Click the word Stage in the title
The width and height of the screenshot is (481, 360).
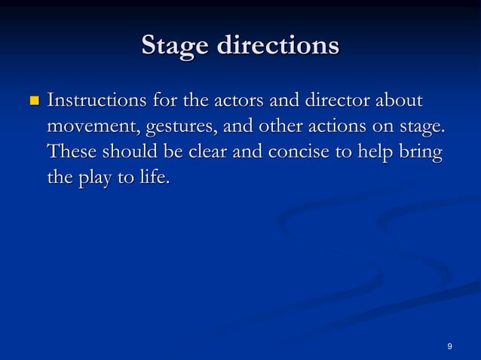(x=175, y=46)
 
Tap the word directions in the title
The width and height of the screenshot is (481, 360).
(x=277, y=46)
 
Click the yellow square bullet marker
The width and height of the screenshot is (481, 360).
(x=33, y=100)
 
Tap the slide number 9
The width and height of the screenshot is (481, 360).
(x=449, y=346)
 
